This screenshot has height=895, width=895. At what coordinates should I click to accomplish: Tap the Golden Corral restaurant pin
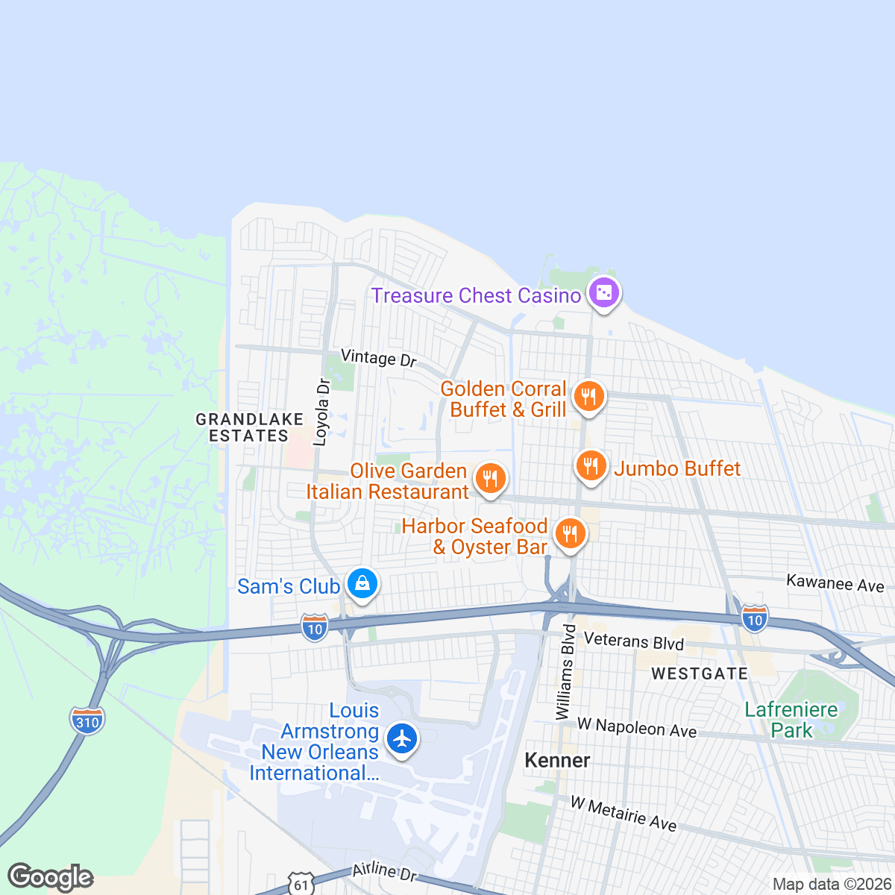click(x=590, y=396)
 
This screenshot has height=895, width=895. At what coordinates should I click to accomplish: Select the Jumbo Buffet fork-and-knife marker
click(x=591, y=467)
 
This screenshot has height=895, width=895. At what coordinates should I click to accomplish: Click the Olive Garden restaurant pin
click(x=490, y=479)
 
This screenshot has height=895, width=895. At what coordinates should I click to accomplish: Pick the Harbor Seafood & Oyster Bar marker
click(x=570, y=534)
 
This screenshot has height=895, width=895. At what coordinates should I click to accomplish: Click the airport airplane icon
click(x=402, y=739)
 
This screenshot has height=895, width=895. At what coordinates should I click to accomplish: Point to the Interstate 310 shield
click(x=87, y=721)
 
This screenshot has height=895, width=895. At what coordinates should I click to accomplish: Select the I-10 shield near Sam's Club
click(x=315, y=628)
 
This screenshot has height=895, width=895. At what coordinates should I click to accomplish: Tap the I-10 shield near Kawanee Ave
click(x=755, y=618)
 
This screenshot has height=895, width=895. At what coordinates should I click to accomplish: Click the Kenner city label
click(x=557, y=760)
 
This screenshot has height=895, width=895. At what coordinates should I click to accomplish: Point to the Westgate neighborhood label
click(x=699, y=673)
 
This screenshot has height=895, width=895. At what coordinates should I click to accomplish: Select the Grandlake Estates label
click(x=249, y=427)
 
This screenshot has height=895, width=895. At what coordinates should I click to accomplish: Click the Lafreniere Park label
click(x=791, y=720)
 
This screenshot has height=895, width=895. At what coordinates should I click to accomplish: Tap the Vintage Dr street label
click(x=379, y=358)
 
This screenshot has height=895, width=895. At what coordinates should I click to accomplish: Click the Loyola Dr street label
click(x=322, y=412)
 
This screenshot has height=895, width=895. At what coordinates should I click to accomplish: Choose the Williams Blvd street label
click(x=566, y=672)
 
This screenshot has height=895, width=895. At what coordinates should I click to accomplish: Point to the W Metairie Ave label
click(x=624, y=814)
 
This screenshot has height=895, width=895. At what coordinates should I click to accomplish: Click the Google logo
click(x=51, y=877)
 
